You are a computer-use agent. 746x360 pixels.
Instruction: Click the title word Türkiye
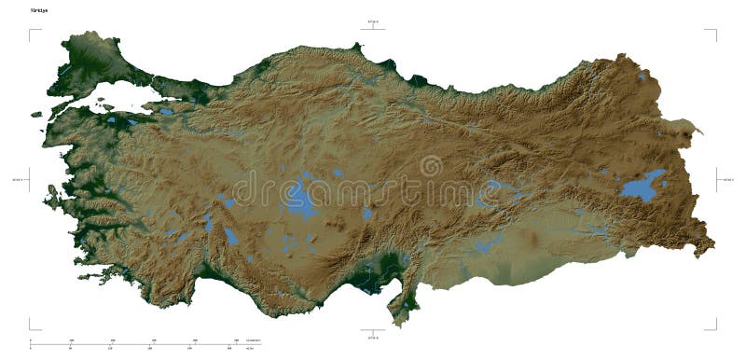38,9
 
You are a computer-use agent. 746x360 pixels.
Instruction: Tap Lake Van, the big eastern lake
644,186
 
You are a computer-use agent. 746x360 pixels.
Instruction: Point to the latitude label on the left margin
17,180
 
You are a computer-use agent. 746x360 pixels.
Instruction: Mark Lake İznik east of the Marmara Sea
166,112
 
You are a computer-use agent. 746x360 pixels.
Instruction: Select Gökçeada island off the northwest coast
36,115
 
